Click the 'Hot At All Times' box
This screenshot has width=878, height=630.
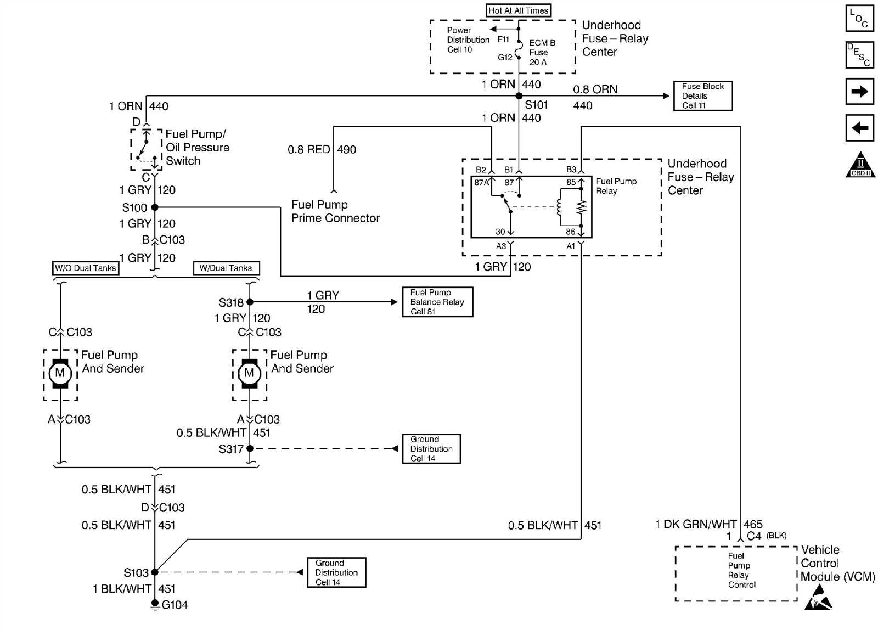click(x=518, y=10)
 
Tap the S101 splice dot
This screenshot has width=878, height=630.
click(x=519, y=96)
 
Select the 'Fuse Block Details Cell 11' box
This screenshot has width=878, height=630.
click(x=702, y=96)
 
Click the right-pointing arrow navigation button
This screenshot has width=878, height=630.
click(x=859, y=91)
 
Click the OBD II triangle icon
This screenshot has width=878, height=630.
click(x=860, y=165)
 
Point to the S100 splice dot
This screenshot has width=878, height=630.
click(x=155, y=207)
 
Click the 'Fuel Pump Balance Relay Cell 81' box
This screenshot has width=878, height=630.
click(x=437, y=302)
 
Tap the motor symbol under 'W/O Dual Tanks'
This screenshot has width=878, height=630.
click(x=60, y=373)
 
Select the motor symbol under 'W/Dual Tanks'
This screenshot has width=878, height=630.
click(x=249, y=373)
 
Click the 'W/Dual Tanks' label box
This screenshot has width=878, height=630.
click(x=226, y=268)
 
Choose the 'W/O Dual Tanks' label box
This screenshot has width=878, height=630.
click(x=85, y=268)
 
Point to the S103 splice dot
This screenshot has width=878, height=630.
click(x=155, y=572)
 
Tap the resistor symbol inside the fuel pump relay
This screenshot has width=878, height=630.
click(x=581, y=207)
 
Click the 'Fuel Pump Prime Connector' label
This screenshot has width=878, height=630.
click(x=335, y=211)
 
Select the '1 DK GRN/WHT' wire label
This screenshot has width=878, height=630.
click(x=695, y=524)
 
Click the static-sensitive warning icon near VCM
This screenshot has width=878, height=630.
click(x=818, y=599)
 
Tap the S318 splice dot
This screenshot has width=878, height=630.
click(x=250, y=302)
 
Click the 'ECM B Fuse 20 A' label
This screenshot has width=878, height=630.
click(x=542, y=52)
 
